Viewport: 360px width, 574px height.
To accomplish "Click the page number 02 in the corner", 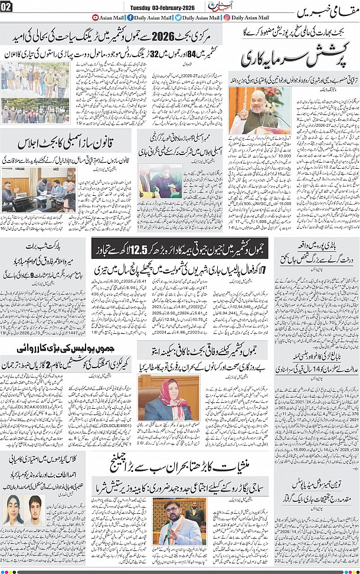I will point(6,6).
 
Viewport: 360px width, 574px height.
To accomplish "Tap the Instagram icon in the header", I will point(227,18).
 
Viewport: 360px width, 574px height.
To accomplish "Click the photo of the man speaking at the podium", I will point(252,111).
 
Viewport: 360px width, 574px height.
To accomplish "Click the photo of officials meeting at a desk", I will point(38,189).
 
